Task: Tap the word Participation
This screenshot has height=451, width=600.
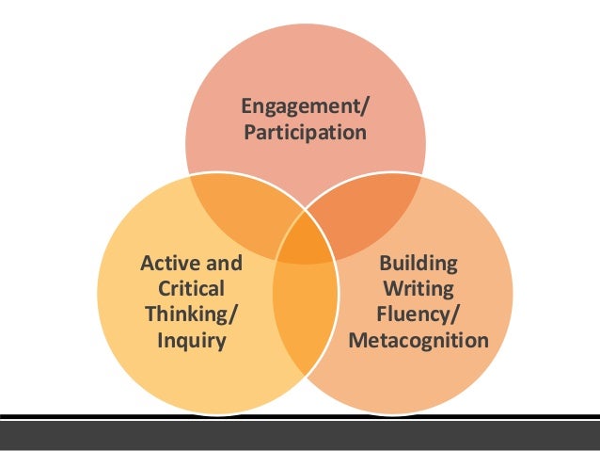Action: click(x=305, y=133)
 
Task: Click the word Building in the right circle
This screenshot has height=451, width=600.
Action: click(x=418, y=261)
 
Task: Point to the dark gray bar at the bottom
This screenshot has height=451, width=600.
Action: click(x=300, y=434)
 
